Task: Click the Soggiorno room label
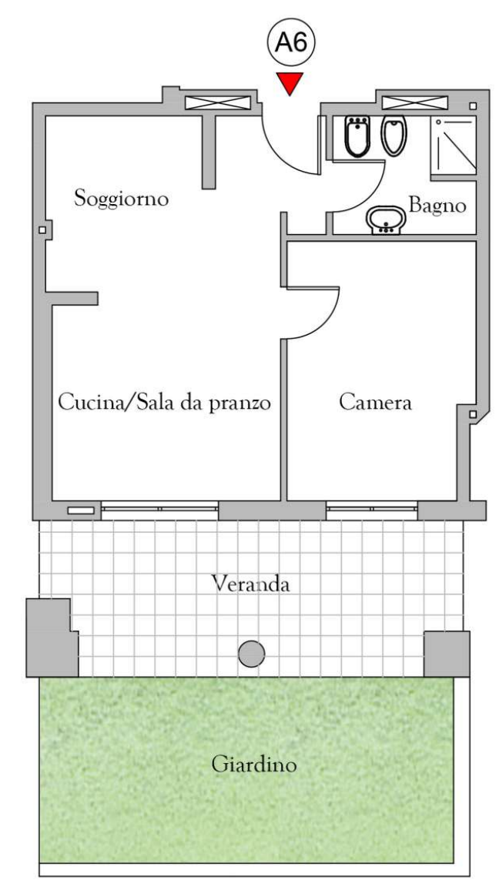click(x=121, y=199)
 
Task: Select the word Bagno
click(x=437, y=206)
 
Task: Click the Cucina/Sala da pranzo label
click(x=166, y=403)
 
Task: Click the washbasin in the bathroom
click(x=383, y=220)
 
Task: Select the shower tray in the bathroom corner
click(x=453, y=146)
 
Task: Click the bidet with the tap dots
click(x=357, y=136)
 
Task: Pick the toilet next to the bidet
click(x=393, y=136)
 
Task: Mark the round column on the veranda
click(x=251, y=654)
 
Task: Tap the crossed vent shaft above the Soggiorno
click(x=219, y=102)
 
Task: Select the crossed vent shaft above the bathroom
click(x=416, y=102)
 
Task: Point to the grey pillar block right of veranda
click(x=447, y=651)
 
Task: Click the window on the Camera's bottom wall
click(x=371, y=508)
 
